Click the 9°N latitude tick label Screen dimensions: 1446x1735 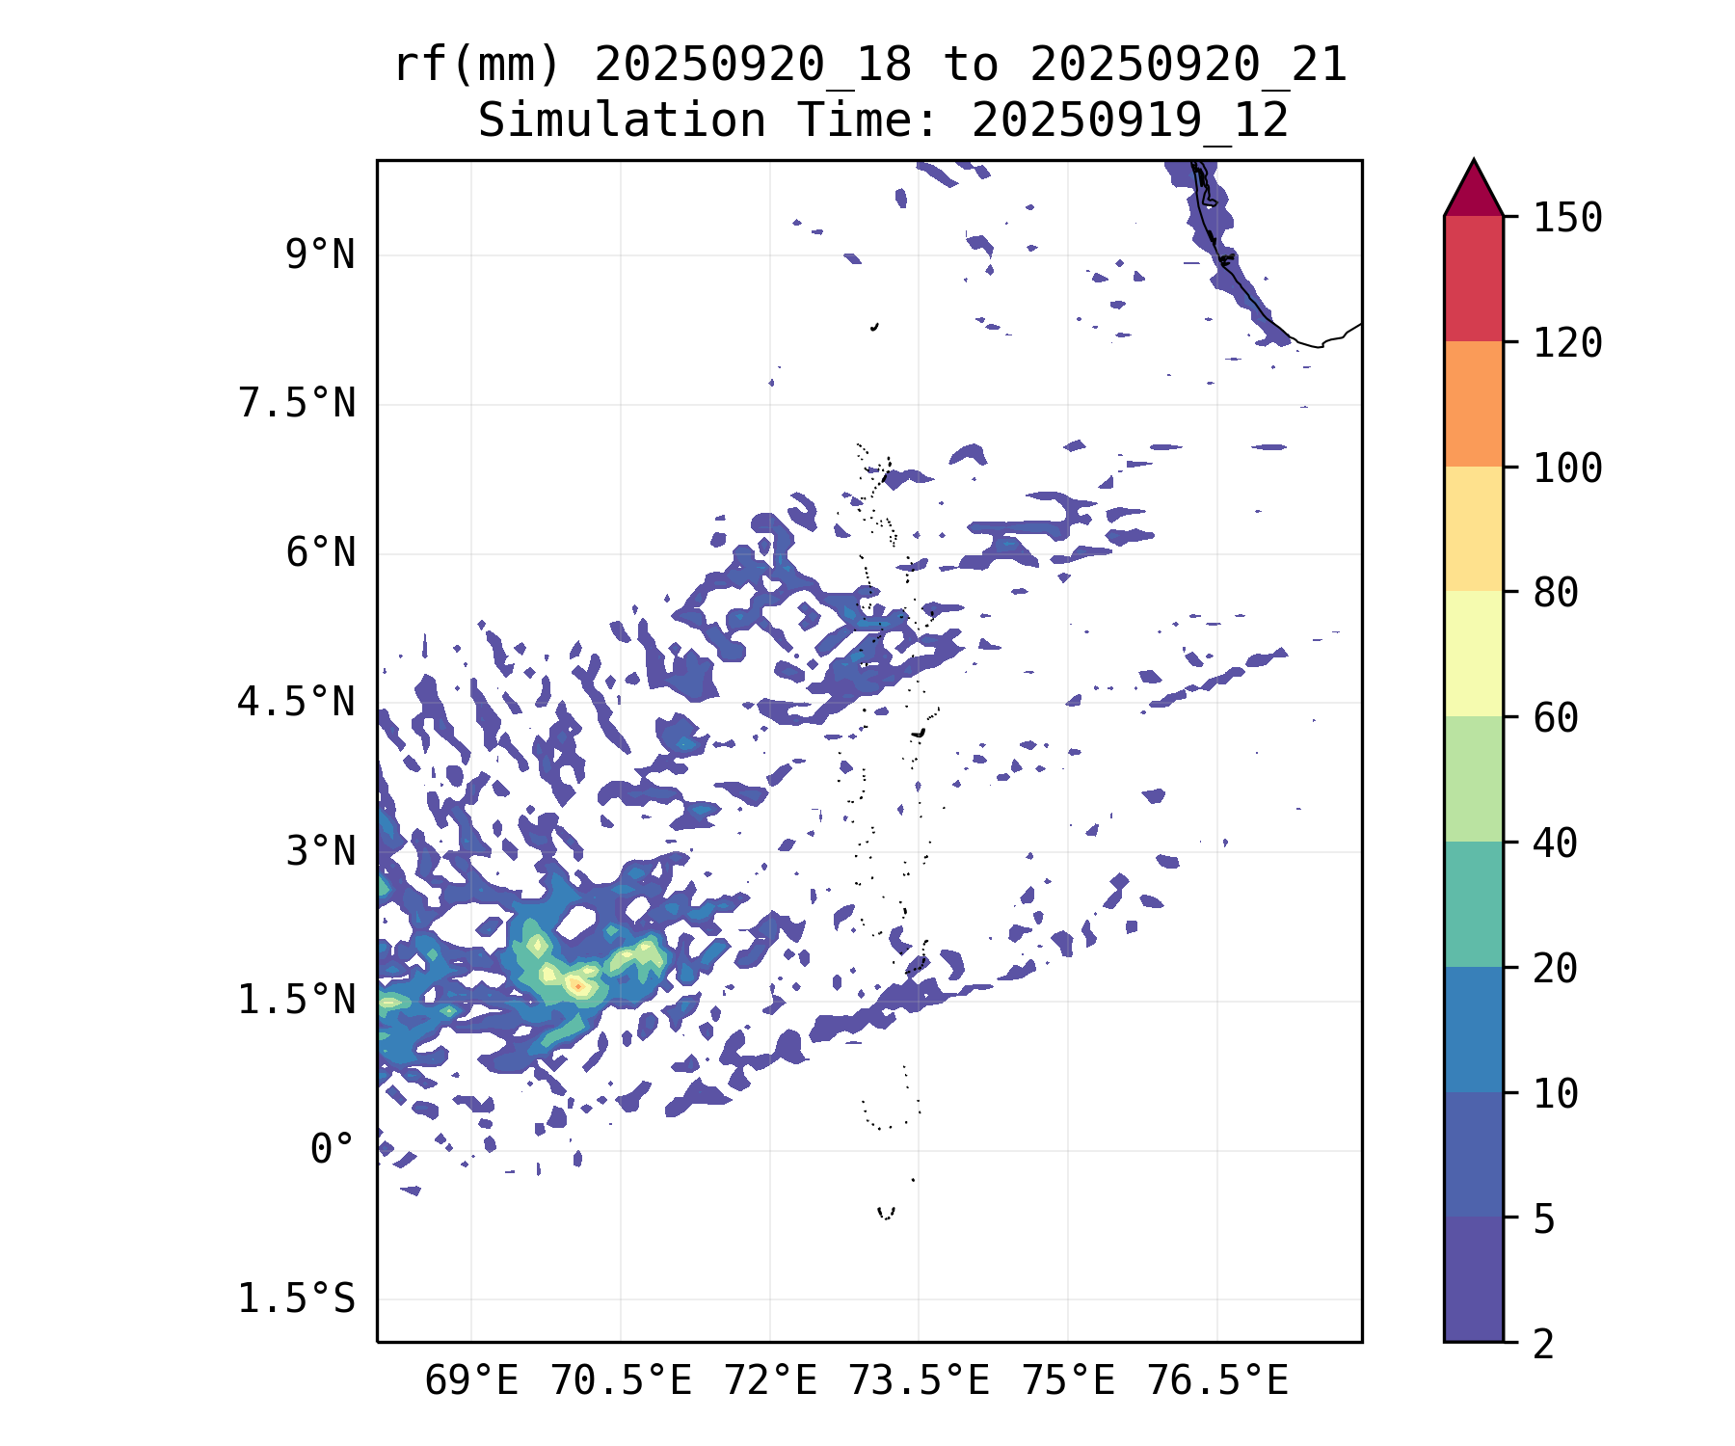click(x=319, y=255)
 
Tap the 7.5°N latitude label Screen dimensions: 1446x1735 click(x=296, y=404)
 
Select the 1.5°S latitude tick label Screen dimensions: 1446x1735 click(x=296, y=1299)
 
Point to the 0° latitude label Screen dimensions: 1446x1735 click(x=332, y=1150)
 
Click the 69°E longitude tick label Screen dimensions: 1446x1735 click(x=471, y=1381)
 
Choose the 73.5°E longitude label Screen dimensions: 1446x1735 click(x=919, y=1381)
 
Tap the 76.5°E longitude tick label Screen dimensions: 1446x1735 click(x=1216, y=1381)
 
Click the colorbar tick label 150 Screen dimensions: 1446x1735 click(x=1567, y=218)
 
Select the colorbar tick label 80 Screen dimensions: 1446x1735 click(x=1556, y=593)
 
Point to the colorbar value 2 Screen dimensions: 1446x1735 click(x=1544, y=1344)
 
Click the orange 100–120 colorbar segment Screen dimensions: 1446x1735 click(x=1473, y=404)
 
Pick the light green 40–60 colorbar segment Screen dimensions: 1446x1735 click(x=1473, y=779)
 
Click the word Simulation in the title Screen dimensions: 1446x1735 click(x=622, y=121)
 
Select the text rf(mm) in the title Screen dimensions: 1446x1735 click(x=477, y=66)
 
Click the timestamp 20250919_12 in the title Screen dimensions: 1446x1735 click(x=1130, y=121)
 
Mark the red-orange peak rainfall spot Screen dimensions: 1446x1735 click(x=575, y=985)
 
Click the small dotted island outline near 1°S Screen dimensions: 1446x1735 click(x=886, y=1213)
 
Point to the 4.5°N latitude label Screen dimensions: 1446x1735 click(x=296, y=703)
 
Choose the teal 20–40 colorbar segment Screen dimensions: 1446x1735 click(x=1473, y=904)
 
